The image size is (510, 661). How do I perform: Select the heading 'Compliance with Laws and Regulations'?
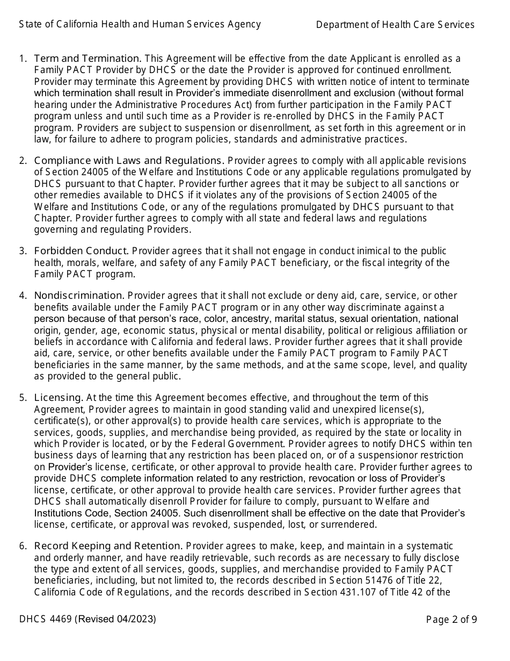[x=129, y=161]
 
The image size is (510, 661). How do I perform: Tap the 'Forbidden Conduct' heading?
[x=81, y=251]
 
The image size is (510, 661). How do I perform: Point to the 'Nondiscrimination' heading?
[x=79, y=296]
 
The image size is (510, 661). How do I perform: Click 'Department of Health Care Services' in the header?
[x=395, y=25]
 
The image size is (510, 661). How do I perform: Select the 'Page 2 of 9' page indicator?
[x=451, y=620]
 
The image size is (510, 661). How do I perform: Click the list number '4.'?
[x=23, y=296]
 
